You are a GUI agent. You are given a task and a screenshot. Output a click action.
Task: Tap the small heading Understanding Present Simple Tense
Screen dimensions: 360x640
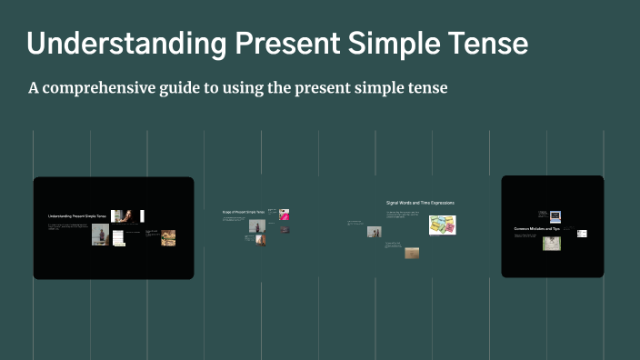77,216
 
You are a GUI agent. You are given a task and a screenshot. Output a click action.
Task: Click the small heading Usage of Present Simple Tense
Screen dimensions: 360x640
243,212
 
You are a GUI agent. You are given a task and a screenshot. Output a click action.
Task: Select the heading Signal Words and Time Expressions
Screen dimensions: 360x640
420,202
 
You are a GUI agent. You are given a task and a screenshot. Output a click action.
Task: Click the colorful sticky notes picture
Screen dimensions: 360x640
443,225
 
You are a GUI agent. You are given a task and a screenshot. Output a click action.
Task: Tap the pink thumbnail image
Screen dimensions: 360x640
285,215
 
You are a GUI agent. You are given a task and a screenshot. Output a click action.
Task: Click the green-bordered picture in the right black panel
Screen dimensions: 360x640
552,244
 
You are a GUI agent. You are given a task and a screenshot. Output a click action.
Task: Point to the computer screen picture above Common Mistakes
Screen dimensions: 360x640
555,216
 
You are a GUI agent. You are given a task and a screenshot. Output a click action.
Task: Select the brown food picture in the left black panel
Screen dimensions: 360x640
168,238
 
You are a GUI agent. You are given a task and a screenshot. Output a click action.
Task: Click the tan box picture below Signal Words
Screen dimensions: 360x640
412,253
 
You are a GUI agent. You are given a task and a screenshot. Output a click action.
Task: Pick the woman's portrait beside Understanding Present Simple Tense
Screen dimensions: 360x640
128,216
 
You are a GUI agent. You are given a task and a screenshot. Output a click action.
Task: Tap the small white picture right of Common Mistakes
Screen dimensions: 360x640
582,234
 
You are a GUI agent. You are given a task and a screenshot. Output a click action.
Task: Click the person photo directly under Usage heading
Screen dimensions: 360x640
255,225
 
